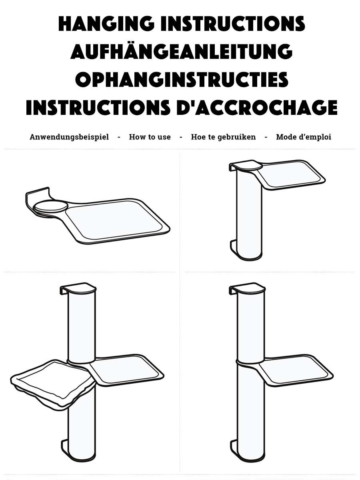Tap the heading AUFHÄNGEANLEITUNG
coord(182,52)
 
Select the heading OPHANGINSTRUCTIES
coord(182,79)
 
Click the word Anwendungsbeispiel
coord(69,137)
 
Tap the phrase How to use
coord(150,137)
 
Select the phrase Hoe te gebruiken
coord(223,137)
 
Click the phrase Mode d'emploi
coord(304,137)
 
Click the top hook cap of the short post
coord(246,166)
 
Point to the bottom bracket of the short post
coord(234,248)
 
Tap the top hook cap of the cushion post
coord(78,289)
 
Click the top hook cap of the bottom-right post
coord(247,289)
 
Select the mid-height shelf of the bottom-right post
coord(296,370)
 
